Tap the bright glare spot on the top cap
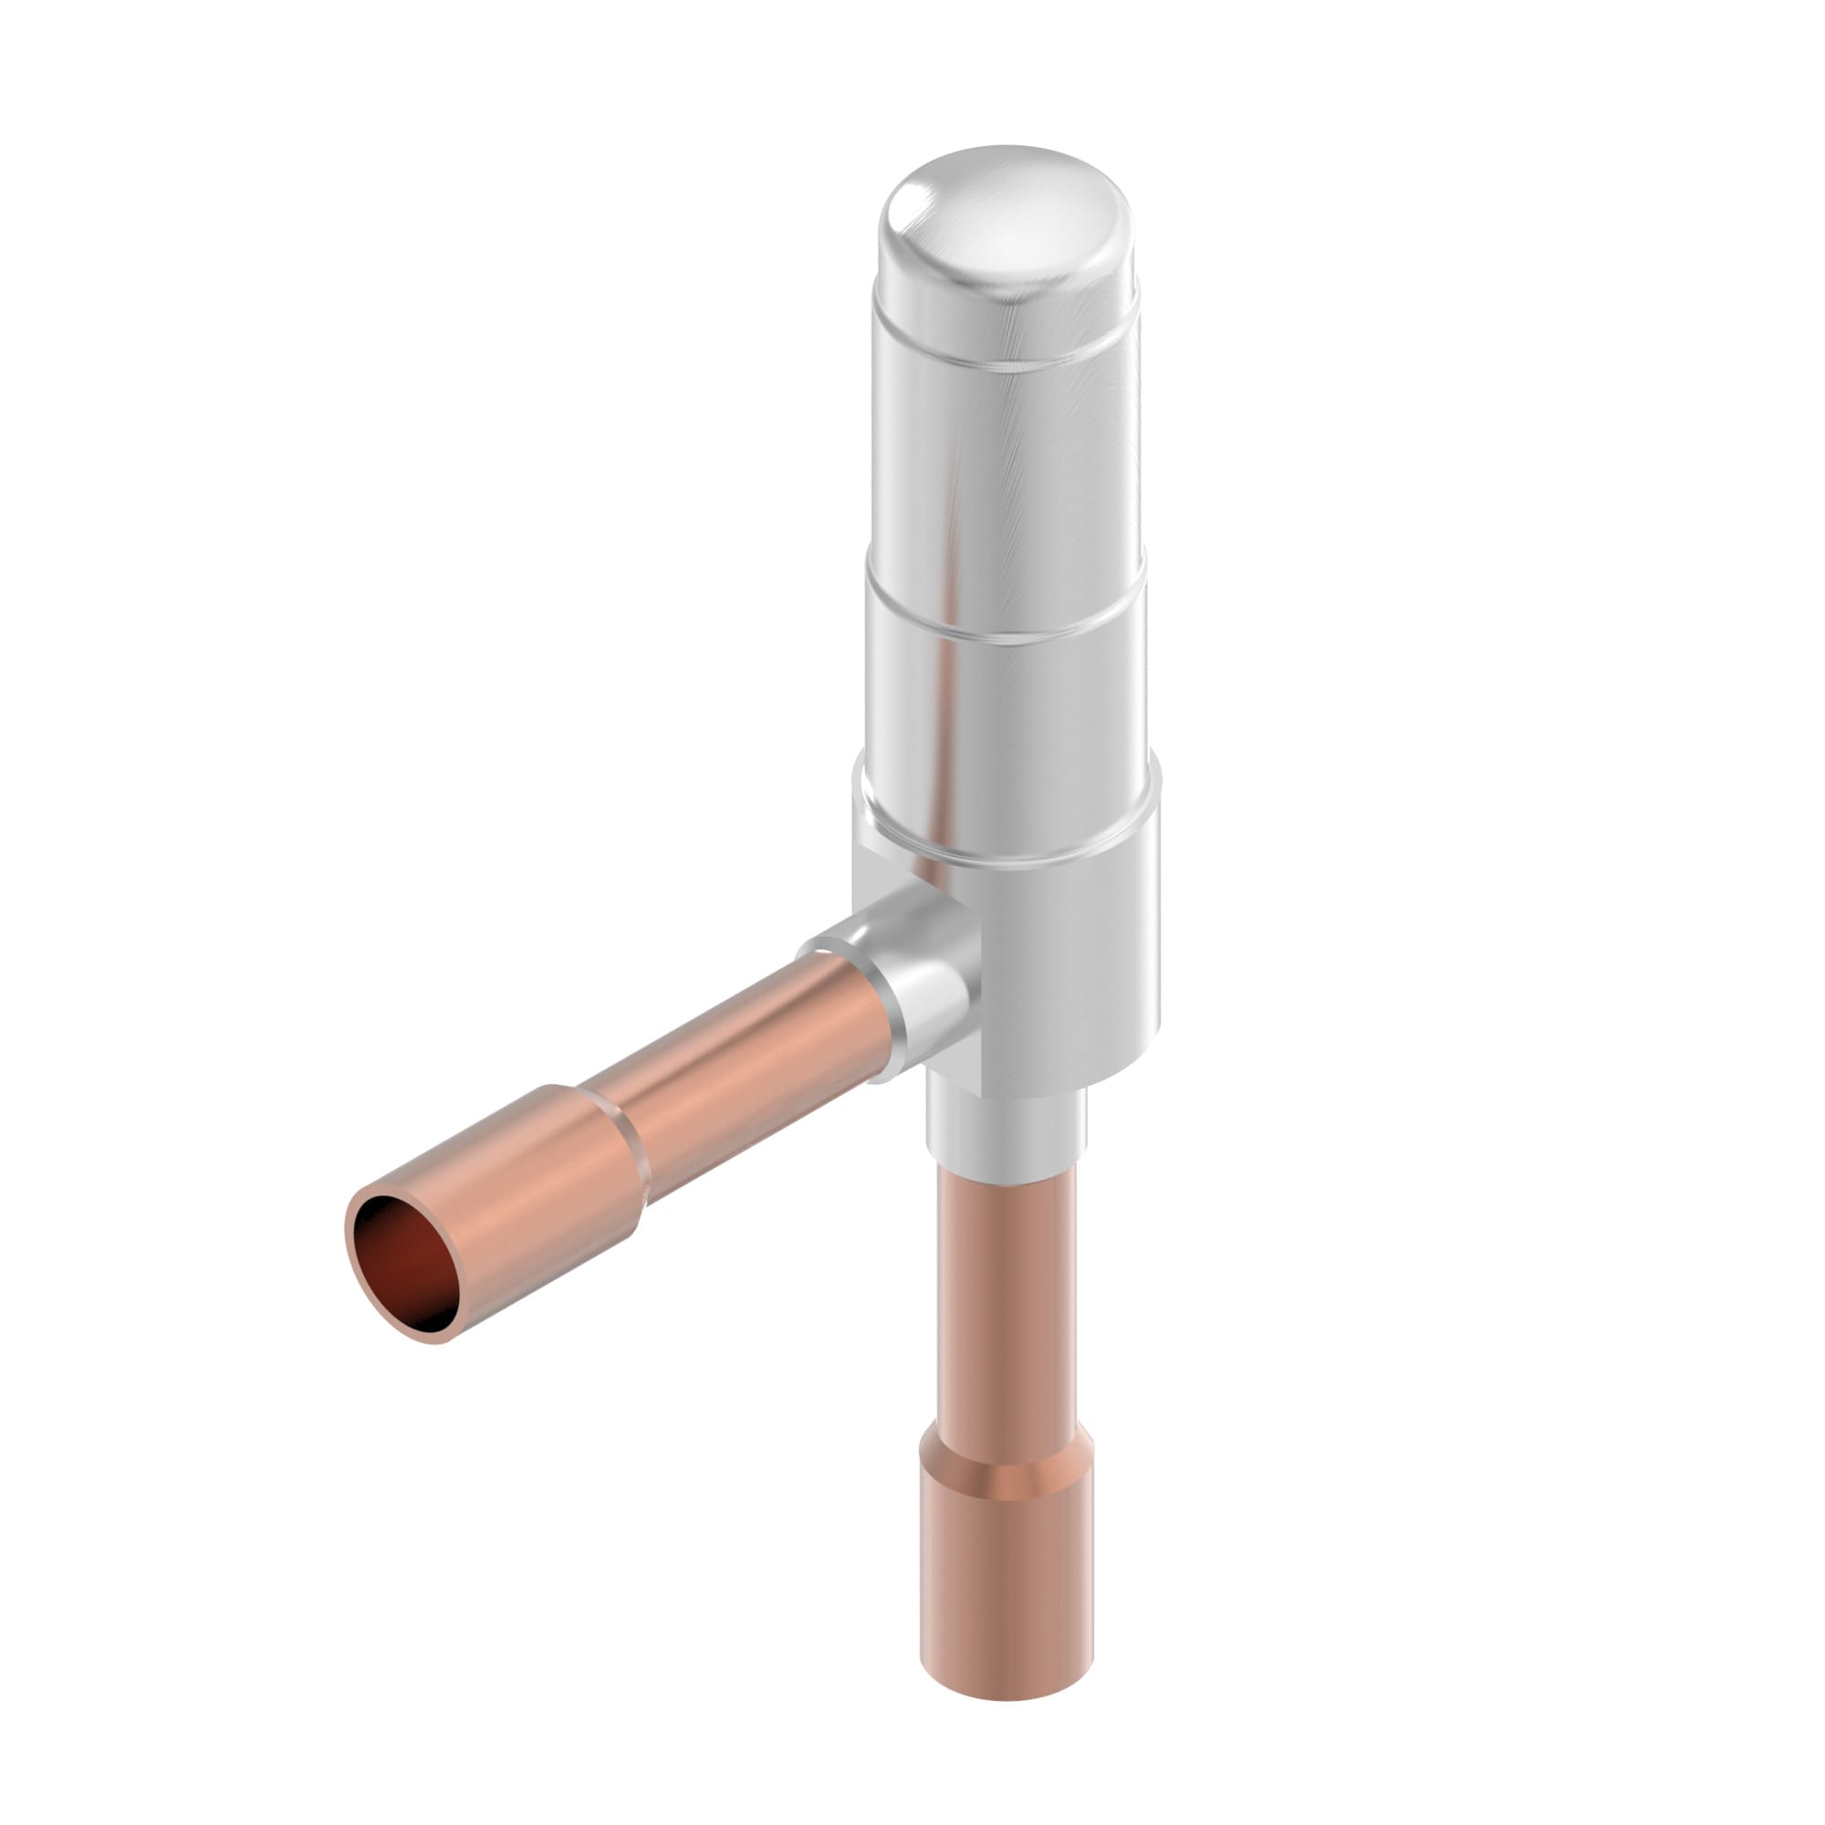tap(909, 200)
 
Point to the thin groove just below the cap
tap(1006, 364)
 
